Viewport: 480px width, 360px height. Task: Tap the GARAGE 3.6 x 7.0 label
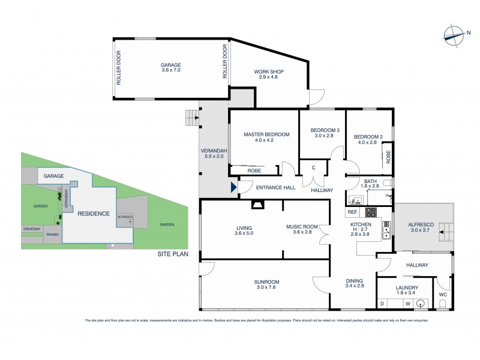[x=170, y=68]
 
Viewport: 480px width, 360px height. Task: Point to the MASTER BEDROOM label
[x=263, y=137]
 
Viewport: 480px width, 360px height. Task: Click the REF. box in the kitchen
[x=352, y=212]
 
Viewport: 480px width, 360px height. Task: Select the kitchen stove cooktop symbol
[x=371, y=212]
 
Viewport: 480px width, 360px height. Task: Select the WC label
[x=442, y=295]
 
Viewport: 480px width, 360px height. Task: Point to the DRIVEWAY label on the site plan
[x=31, y=229]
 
